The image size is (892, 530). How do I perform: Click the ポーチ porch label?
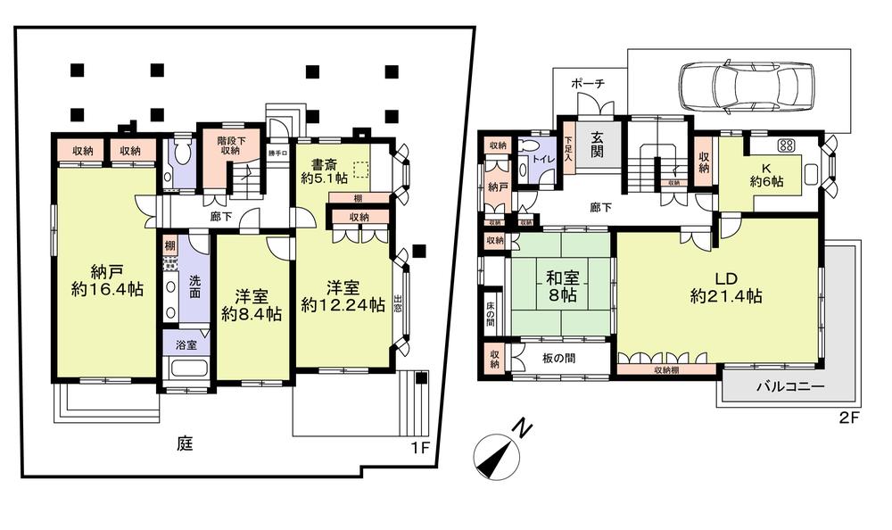[589, 83]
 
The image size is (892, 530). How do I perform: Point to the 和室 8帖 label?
[562, 285]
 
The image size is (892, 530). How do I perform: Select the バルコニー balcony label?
[789, 386]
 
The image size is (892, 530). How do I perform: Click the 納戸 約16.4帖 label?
[95, 279]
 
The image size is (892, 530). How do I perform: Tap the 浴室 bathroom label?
[186, 344]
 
